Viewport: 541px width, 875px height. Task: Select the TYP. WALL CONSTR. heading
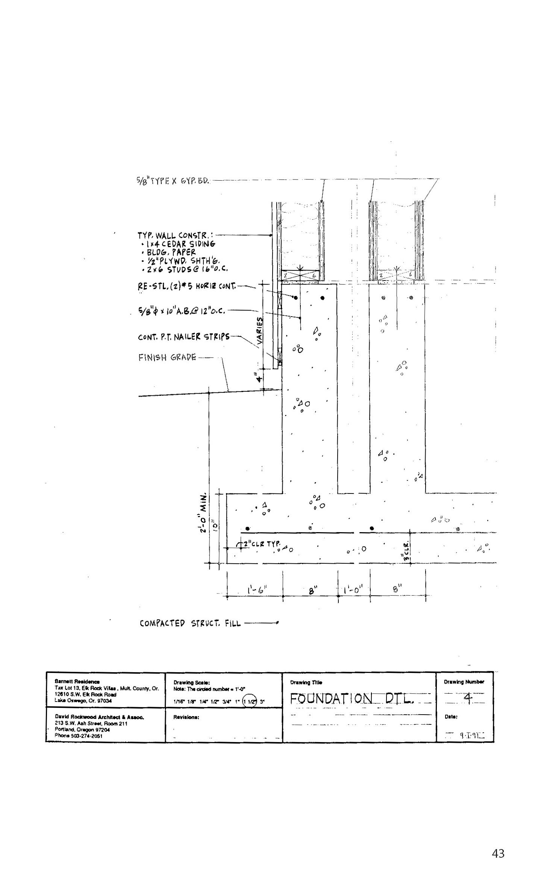[x=173, y=236]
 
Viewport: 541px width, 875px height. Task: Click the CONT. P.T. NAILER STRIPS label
[x=183, y=337]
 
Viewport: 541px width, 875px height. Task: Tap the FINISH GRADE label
[x=167, y=357]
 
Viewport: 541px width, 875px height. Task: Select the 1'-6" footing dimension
[x=257, y=590]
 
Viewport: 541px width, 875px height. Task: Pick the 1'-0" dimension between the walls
[x=354, y=590]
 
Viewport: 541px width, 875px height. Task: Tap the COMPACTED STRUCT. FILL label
[x=190, y=624]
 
